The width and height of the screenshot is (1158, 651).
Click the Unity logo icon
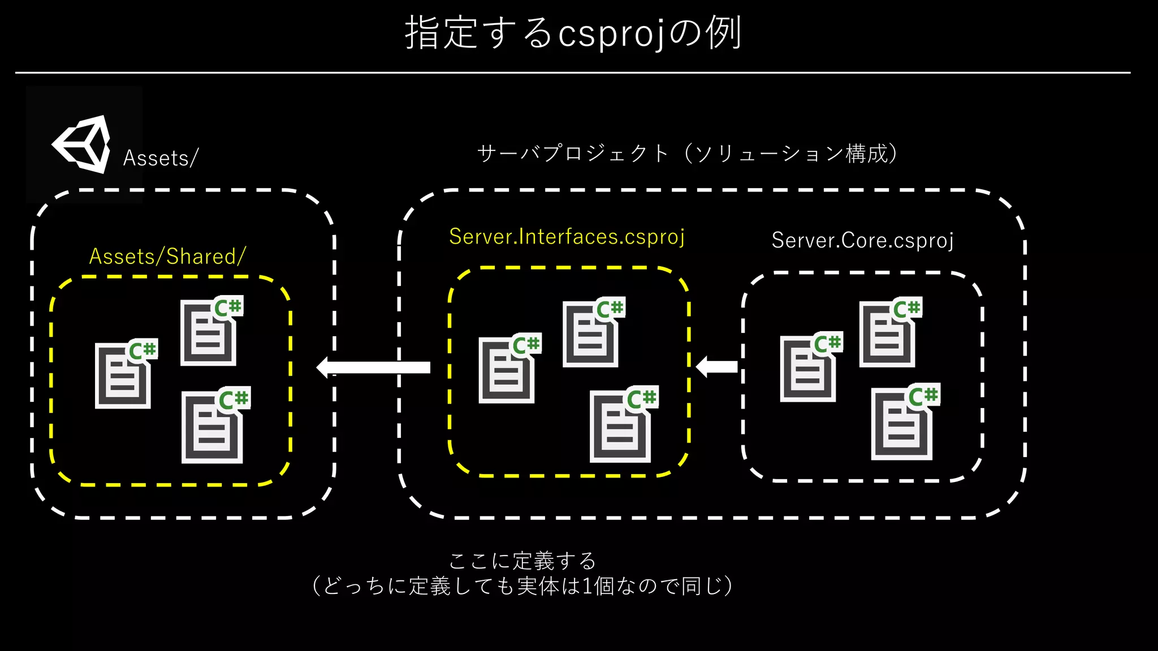pos(83,145)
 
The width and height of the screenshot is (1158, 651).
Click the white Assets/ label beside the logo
pos(161,158)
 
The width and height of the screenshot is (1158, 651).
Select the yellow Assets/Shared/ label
pos(167,257)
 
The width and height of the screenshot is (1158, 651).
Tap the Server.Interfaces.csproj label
pos(567,237)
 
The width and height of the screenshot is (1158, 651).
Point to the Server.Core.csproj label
pos(862,241)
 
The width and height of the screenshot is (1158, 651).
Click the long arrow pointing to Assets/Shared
pos(374,367)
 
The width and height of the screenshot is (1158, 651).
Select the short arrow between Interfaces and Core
pos(717,367)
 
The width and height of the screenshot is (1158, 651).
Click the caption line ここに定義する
pos(522,561)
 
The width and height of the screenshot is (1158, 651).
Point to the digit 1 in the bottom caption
pos(587,587)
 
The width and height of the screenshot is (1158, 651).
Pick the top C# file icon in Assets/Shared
pos(210,332)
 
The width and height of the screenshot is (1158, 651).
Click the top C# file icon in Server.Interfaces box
pos(592,333)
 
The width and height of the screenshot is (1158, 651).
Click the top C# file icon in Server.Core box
pos(889,333)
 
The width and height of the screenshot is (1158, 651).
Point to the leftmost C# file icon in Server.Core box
pos(809,368)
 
